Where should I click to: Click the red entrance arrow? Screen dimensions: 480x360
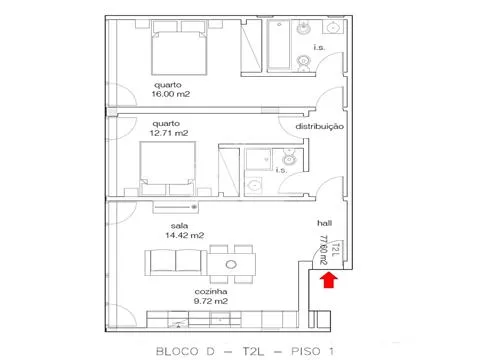[x=329, y=279]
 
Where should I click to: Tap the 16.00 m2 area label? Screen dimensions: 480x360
[x=171, y=94]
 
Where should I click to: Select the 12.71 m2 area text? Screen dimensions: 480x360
[x=169, y=133]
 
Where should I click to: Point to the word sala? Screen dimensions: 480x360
[x=179, y=226]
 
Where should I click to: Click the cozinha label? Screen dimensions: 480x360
[x=211, y=292]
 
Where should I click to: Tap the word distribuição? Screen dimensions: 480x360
[x=320, y=127]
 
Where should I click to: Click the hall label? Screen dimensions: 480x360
[x=324, y=223]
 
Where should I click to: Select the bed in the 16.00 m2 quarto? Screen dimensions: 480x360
[x=179, y=47]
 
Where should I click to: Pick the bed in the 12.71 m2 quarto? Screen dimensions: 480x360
[x=167, y=168]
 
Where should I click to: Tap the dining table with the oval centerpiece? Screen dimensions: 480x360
[x=231, y=264]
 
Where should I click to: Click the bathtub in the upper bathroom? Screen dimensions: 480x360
[x=279, y=45]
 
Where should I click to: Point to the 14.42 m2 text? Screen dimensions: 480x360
[x=185, y=235]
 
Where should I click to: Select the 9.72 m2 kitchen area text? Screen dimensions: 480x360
[x=211, y=301]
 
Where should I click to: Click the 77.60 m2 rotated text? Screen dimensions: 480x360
[x=323, y=250]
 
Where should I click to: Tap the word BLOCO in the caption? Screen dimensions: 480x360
[x=177, y=351]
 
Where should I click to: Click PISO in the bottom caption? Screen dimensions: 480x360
[x=306, y=351]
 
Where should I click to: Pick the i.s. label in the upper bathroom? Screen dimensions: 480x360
[x=319, y=47]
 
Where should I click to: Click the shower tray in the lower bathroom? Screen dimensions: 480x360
[x=258, y=160]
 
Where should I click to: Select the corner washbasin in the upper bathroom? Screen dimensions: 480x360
[x=333, y=27]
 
